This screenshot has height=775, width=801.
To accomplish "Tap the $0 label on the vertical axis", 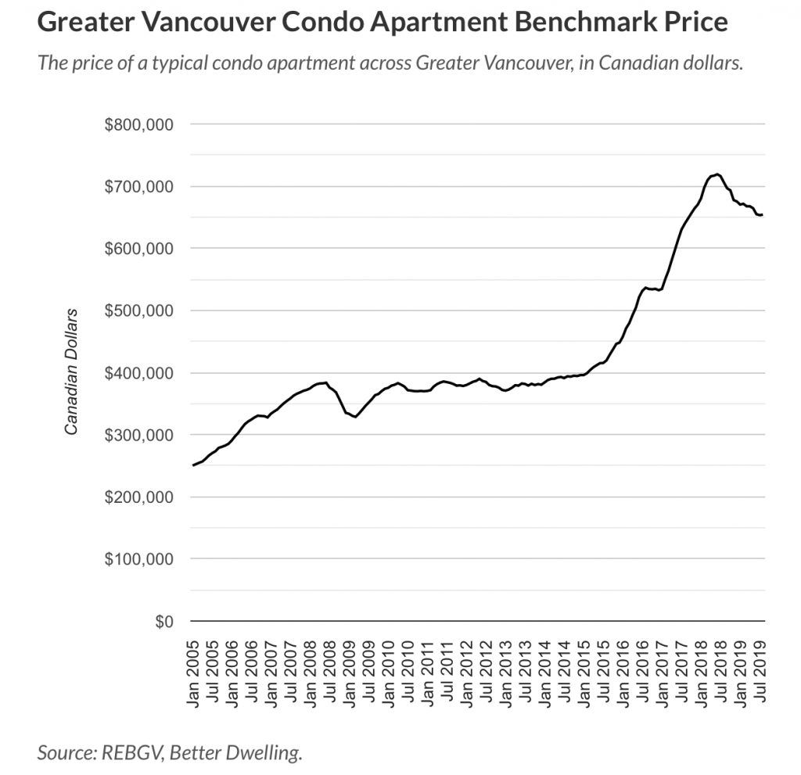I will click(162, 622).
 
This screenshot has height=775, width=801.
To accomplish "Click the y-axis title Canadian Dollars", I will click(72, 372).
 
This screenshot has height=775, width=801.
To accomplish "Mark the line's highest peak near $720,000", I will click(717, 174).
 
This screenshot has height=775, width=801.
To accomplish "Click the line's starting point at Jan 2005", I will click(193, 465).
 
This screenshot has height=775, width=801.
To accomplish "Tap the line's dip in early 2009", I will click(355, 417).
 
